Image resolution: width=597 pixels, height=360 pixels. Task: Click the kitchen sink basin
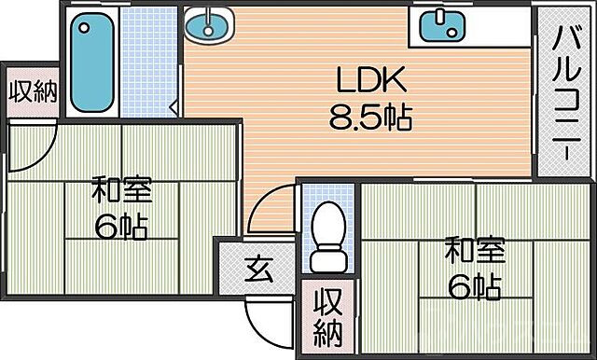point(437,25)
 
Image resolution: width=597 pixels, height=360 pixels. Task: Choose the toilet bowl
point(327,224)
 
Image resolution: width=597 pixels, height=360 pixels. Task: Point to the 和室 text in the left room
point(120,193)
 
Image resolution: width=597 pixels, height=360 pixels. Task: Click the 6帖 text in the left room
point(120,227)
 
